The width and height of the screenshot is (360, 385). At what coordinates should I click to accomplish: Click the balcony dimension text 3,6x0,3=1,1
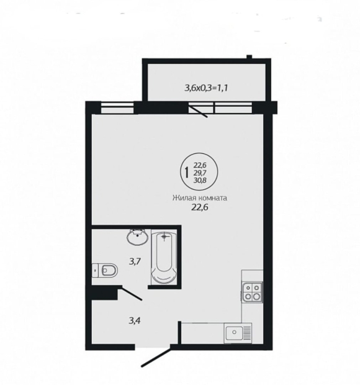pyautogui.click(x=206, y=88)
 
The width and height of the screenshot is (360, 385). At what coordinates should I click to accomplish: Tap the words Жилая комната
pyautogui.click(x=199, y=198)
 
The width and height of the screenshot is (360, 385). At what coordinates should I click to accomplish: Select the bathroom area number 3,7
pyautogui.click(x=135, y=261)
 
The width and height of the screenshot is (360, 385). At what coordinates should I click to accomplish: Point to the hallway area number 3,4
pyautogui.click(x=135, y=320)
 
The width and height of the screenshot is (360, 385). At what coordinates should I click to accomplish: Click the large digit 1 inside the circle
pyautogui.click(x=187, y=173)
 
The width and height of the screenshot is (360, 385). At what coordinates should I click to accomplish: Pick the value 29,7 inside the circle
pyautogui.click(x=200, y=173)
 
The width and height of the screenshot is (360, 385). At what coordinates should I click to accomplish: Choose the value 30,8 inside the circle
pyautogui.click(x=200, y=180)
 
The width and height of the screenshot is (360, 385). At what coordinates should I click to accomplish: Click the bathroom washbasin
pyautogui.click(x=138, y=237)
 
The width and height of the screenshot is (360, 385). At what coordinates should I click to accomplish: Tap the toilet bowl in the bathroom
pyautogui.click(x=109, y=271)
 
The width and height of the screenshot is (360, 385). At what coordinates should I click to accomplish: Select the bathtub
pyautogui.click(x=164, y=257)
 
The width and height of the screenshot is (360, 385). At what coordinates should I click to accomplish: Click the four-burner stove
pyautogui.click(x=253, y=292)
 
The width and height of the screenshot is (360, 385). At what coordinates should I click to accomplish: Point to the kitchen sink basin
pyautogui.click(x=235, y=332)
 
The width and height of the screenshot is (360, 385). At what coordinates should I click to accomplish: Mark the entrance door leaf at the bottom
pyautogui.click(x=156, y=357)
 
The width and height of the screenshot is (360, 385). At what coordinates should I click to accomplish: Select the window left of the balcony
pyautogui.click(x=117, y=108)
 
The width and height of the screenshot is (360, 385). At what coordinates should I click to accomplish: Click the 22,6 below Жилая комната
pyautogui.click(x=199, y=207)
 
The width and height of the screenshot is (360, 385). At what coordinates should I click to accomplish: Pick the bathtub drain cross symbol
pyautogui.click(x=164, y=237)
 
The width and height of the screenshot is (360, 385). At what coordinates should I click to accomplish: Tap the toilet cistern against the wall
pyautogui.click(x=96, y=271)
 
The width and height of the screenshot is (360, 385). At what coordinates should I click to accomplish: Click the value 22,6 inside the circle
pyautogui.click(x=200, y=165)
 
